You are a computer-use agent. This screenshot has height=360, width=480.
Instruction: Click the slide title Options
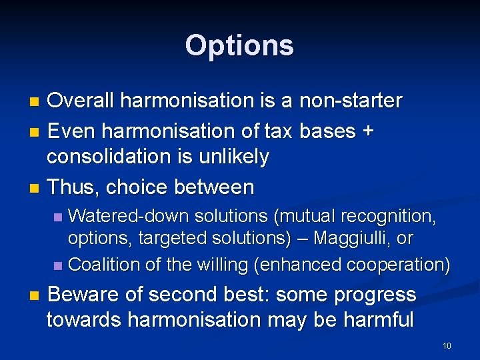click(x=239, y=46)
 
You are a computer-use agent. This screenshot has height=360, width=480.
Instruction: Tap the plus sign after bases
click(x=367, y=131)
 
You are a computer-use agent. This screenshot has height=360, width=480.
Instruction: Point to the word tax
click(x=276, y=131)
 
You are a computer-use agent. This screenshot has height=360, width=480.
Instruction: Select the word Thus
click(x=73, y=187)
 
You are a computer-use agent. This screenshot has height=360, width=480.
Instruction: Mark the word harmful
click(x=376, y=320)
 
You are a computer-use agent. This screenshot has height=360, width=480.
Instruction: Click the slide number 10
click(x=447, y=346)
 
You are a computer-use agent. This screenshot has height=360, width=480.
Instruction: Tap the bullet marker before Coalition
click(x=58, y=265)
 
